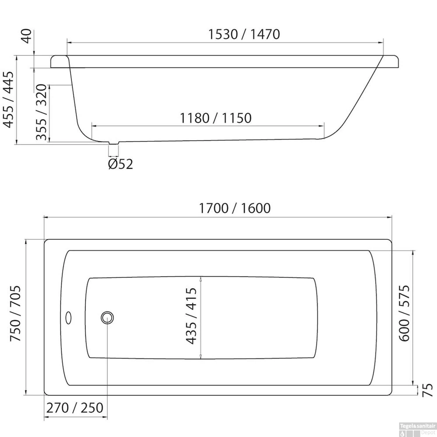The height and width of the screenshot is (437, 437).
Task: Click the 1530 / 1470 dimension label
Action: (x=244, y=34)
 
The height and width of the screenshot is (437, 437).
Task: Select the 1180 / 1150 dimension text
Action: (x=215, y=118)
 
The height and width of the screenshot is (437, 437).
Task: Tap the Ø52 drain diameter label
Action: (x=120, y=164)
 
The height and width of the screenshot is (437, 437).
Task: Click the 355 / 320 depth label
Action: (x=41, y=112)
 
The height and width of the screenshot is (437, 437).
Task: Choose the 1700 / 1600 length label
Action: (x=235, y=208)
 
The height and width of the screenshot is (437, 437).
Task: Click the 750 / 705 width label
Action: (x=15, y=313)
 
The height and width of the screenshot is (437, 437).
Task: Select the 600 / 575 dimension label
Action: (x=404, y=313)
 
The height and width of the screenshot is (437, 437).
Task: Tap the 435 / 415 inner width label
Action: (x=191, y=316)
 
